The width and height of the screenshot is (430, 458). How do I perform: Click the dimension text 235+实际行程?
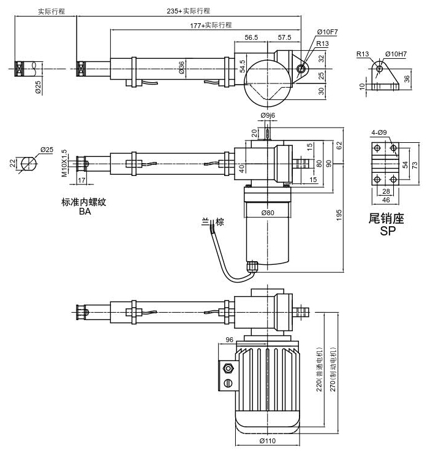click(x=188, y=12)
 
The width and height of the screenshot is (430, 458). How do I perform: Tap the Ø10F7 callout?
click(x=327, y=32)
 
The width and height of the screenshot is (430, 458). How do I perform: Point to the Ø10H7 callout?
click(x=397, y=55)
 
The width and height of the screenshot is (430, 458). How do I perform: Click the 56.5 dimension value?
click(x=251, y=37)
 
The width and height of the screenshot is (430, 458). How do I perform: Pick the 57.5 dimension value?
click(x=284, y=37)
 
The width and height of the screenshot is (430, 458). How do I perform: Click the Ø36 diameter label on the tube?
click(x=182, y=68)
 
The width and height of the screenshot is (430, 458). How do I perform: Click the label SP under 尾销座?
click(x=388, y=231)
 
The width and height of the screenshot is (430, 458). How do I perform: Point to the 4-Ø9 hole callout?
click(x=379, y=132)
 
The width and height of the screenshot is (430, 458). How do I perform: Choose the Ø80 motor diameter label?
click(x=267, y=213)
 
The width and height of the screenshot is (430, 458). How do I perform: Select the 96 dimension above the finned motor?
click(x=230, y=340)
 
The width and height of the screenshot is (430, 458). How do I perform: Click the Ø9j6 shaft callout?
click(x=268, y=115)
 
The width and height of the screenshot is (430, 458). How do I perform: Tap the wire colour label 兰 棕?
click(x=209, y=223)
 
